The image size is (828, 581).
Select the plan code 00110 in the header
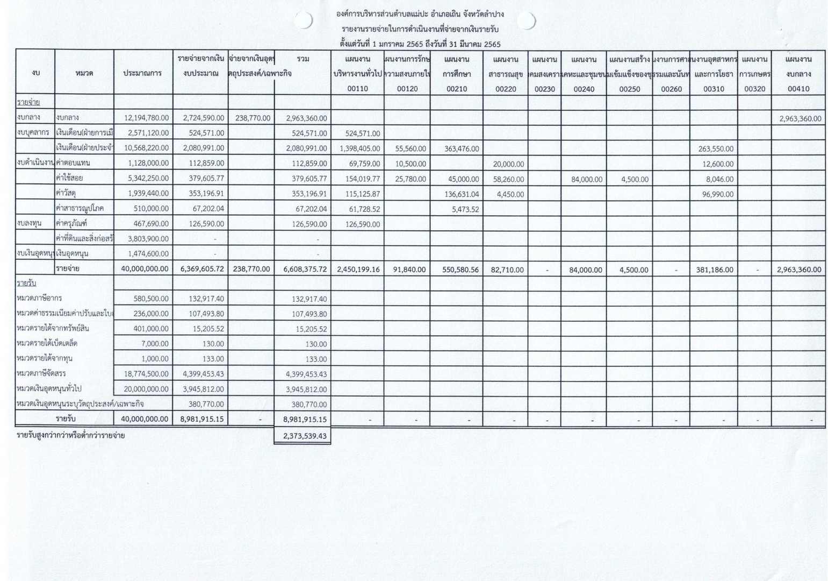(357, 89)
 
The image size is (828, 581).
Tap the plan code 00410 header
(798, 89)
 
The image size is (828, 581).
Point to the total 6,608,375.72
(305, 269)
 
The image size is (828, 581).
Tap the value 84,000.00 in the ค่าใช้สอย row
(587, 179)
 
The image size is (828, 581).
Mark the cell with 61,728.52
(360, 209)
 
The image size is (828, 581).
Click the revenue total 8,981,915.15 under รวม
(305, 419)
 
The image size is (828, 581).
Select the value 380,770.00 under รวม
(309, 404)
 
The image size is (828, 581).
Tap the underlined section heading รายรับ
(26, 283)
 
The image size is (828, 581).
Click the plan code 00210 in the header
(457, 89)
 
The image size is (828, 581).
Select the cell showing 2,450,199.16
(358, 270)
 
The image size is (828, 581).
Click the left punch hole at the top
(304, 20)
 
